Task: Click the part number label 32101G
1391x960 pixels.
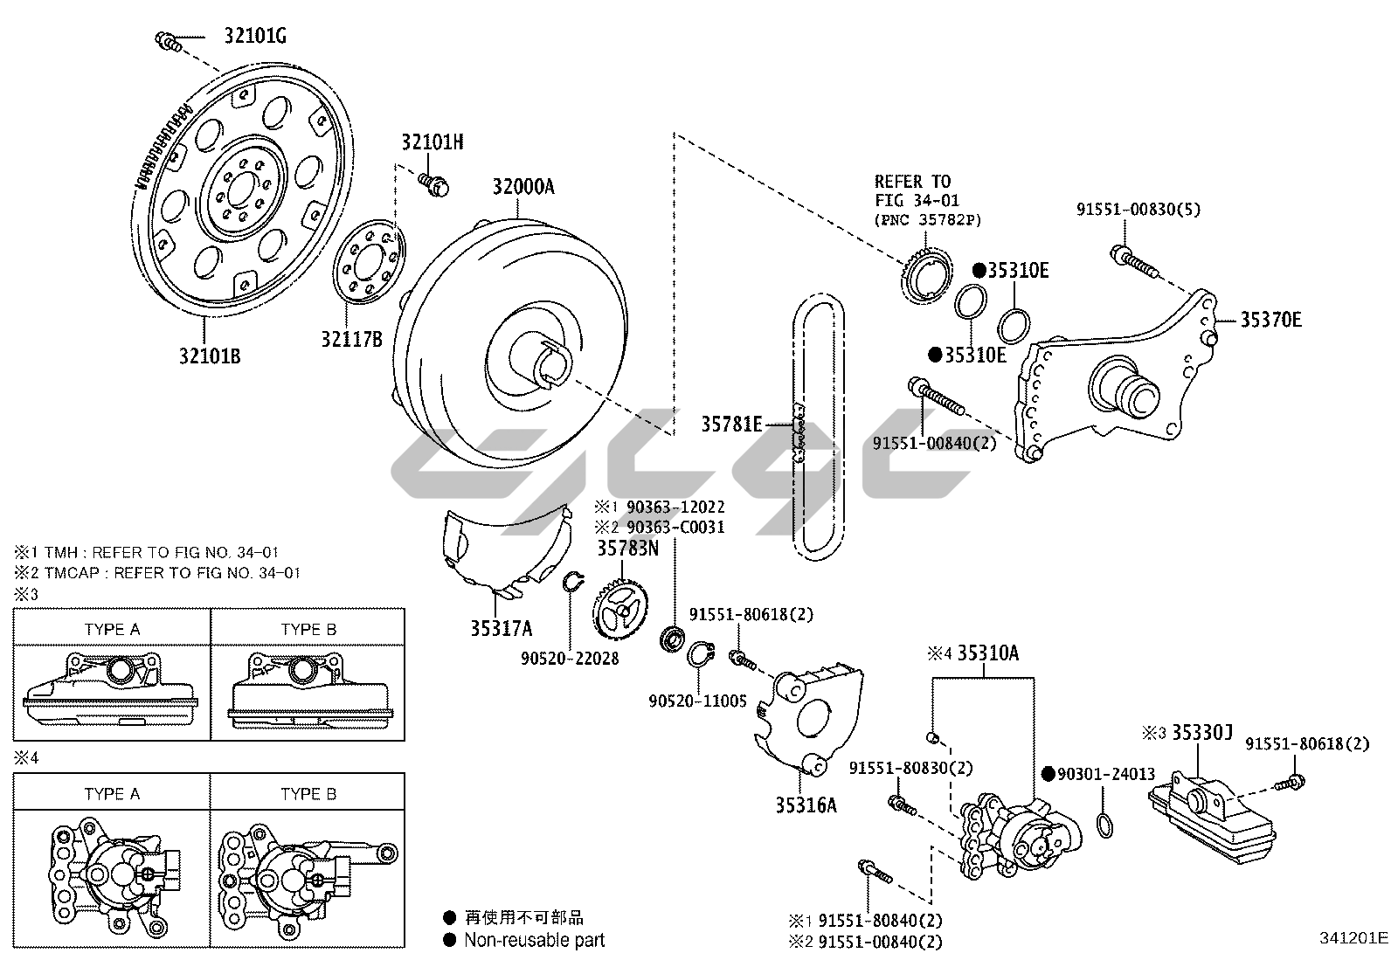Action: pyautogui.click(x=255, y=37)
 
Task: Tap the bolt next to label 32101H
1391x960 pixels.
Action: pyautogui.click(x=434, y=182)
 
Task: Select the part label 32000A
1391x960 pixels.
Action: pyautogui.click(x=523, y=187)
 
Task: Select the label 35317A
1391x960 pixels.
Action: pyautogui.click(x=502, y=628)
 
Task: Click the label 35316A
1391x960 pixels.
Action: pyautogui.click(x=806, y=805)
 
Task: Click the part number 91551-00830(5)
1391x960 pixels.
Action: pyautogui.click(x=1139, y=210)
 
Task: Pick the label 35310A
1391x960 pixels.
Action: pyautogui.click(x=988, y=653)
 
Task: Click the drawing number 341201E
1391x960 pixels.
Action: pyautogui.click(x=1353, y=938)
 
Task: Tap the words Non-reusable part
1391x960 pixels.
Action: pyautogui.click(x=534, y=940)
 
